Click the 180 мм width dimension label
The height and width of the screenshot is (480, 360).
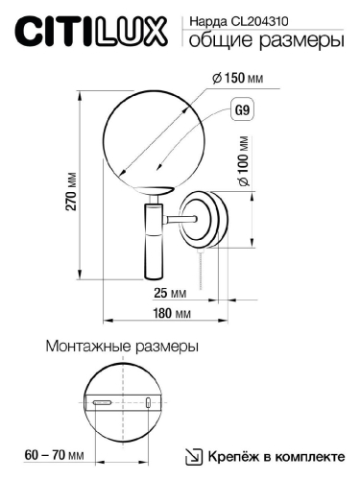point(170,315)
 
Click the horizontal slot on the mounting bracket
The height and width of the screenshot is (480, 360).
point(101,404)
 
